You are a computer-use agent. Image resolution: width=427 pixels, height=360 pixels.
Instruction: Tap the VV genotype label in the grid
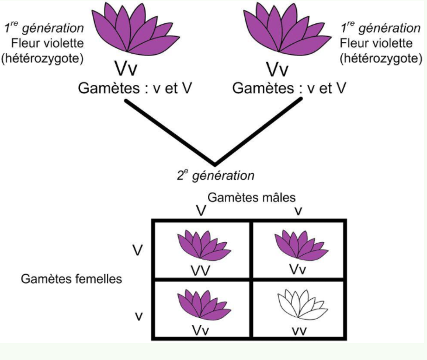click(x=202, y=271)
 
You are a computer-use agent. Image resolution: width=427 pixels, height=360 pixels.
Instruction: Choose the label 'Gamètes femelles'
click(x=72, y=278)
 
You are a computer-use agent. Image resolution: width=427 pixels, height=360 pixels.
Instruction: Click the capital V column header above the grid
click(x=200, y=211)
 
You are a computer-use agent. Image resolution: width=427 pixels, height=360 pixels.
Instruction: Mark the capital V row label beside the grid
click(x=138, y=250)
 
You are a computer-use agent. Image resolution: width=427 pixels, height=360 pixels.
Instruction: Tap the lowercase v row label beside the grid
click(x=138, y=316)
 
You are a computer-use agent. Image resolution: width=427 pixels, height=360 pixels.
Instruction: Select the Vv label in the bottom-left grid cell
click(x=202, y=328)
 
